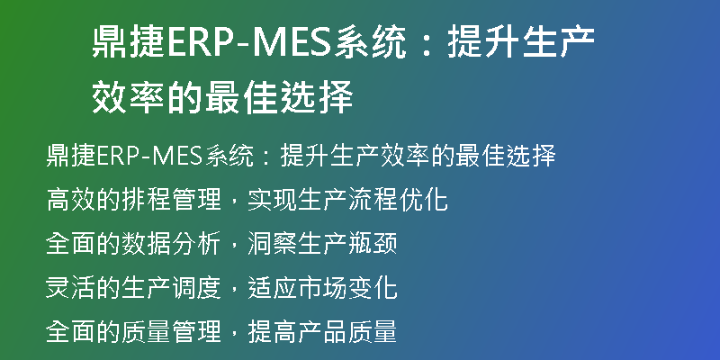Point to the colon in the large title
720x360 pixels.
[x=427, y=42]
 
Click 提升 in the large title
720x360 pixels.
[x=483, y=41]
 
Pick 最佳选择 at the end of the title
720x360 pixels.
[x=279, y=97]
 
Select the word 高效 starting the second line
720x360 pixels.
[x=72, y=200]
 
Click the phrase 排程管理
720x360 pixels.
[x=172, y=200]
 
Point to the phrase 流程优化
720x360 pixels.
[x=398, y=200]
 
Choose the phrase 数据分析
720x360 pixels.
[x=172, y=244]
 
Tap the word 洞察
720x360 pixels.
[x=273, y=244]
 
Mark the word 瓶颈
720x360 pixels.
[x=373, y=244]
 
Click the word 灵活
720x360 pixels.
[x=72, y=288]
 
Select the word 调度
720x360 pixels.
[x=196, y=288]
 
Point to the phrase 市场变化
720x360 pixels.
[x=347, y=288]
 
